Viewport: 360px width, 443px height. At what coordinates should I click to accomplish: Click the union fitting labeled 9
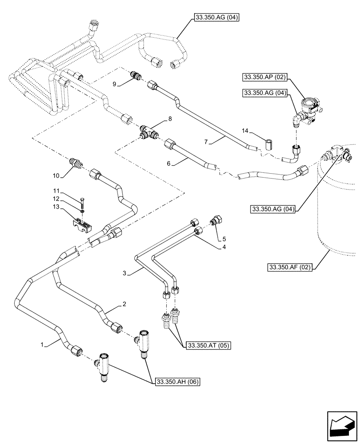click(135, 76)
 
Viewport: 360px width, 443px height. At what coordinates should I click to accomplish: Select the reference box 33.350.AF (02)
click(290, 267)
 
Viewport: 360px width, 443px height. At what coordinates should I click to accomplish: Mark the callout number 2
click(125, 304)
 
